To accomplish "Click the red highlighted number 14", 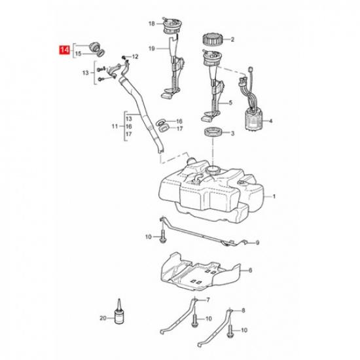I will point(64,49).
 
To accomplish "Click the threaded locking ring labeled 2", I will point(213,39).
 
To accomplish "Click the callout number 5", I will point(230,103).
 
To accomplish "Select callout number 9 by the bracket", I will point(257,242).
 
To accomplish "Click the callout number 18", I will point(151,24).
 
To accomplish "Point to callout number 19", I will point(151,48).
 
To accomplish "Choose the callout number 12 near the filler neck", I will point(135,58).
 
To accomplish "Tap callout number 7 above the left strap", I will point(207,300).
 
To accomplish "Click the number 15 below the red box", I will point(78,54).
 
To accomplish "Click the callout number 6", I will point(249,269).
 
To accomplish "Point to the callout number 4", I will point(270,121).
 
